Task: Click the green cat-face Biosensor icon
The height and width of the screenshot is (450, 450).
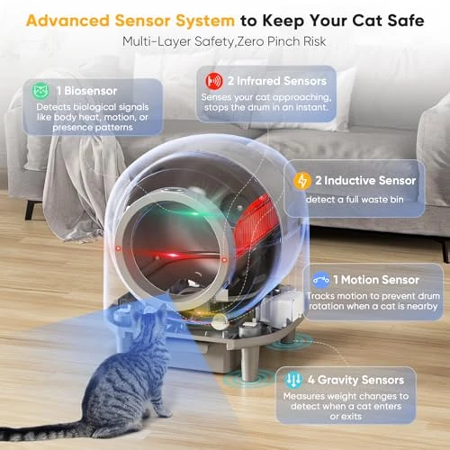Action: pos(40,91)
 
